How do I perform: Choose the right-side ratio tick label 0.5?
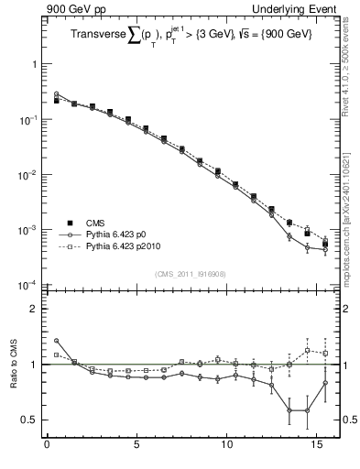tap(347, 420)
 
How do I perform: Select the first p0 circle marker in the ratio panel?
tap(56, 341)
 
